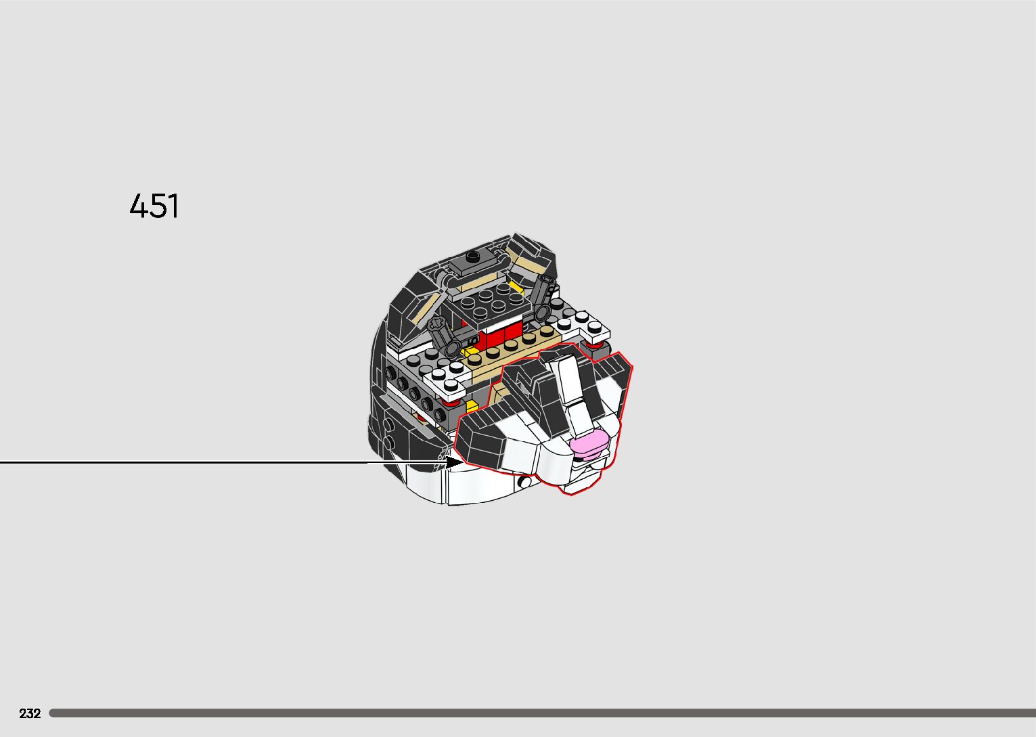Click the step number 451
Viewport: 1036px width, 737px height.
(x=154, y=206)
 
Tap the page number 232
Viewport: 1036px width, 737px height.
(x=30, y=713)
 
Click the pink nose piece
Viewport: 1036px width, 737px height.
(x=587, y=444)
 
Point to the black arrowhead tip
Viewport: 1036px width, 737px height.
(x=461, y=463)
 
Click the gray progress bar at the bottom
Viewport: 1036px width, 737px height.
(x=541, y=713)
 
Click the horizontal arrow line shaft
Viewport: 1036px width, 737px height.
(x=203, y=463)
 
